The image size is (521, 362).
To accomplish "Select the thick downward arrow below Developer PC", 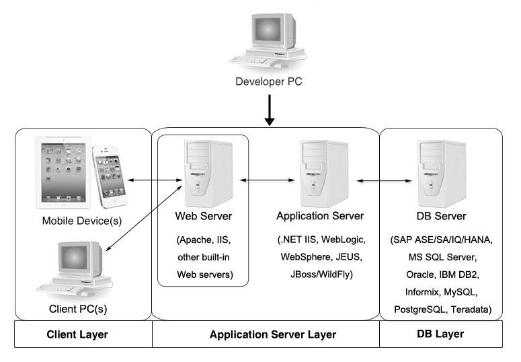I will pos(269,111).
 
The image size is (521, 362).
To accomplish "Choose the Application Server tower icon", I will pos(319,172).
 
